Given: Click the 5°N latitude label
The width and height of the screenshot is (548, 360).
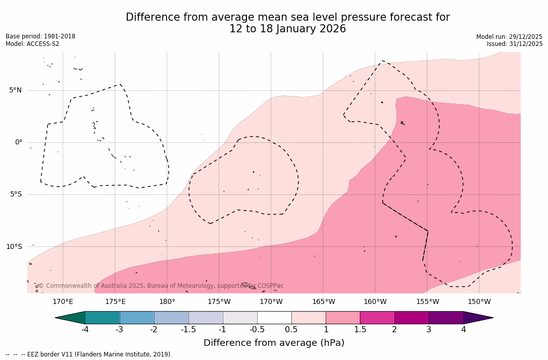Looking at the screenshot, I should coord(15,90).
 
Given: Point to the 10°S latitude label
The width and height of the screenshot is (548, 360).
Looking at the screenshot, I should coord(14,247).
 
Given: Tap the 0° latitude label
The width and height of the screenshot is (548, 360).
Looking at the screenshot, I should coord(19,142).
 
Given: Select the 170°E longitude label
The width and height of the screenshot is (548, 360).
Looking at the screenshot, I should coord(63,302).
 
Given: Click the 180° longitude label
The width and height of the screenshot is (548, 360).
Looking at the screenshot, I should coord(167,302).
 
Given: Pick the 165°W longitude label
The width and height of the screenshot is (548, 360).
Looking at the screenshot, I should coord(323,302).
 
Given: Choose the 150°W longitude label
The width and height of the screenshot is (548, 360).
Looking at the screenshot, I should coord(479,302).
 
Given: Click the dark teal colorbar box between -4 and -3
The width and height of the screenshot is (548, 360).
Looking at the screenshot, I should coord(103,318).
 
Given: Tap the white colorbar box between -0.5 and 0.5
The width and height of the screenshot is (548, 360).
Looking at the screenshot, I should coord(274,318).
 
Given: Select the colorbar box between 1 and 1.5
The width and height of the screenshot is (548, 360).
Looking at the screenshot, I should coord(343,318).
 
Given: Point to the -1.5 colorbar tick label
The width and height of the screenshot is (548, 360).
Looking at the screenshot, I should coord(188,330).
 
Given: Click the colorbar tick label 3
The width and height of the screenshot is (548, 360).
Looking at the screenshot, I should coord(429,330).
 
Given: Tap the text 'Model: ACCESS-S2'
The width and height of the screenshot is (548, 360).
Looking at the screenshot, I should coord(32,44).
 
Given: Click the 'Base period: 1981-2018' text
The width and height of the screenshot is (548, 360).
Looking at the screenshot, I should coord(40,36).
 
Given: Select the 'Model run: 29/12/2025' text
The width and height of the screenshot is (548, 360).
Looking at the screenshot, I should coord(509,37).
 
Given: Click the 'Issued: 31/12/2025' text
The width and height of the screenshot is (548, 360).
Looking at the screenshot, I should coord(515,44).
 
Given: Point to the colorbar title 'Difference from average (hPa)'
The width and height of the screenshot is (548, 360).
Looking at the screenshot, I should coord(274,343).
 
